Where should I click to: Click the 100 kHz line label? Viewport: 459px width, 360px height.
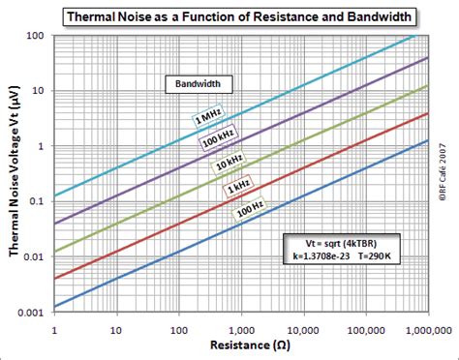(219, 139)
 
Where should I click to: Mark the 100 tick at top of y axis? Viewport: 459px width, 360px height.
(40, 35)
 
